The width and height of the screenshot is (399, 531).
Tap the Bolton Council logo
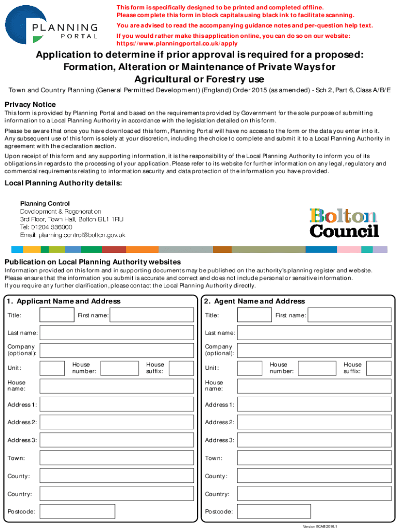tap(344, 222)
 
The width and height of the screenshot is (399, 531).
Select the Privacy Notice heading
tap(30, 104)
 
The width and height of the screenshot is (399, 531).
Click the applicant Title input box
tap(57, 315)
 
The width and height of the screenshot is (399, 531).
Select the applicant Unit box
tap(52, 368)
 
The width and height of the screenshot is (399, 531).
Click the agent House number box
tap(317, 368)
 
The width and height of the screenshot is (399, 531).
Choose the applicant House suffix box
tap(181, 368)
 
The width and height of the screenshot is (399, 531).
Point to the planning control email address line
tap(73, 235)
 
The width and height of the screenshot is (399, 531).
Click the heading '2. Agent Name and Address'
tap(254, 301)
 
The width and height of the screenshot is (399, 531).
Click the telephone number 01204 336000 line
tap(46, 227)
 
